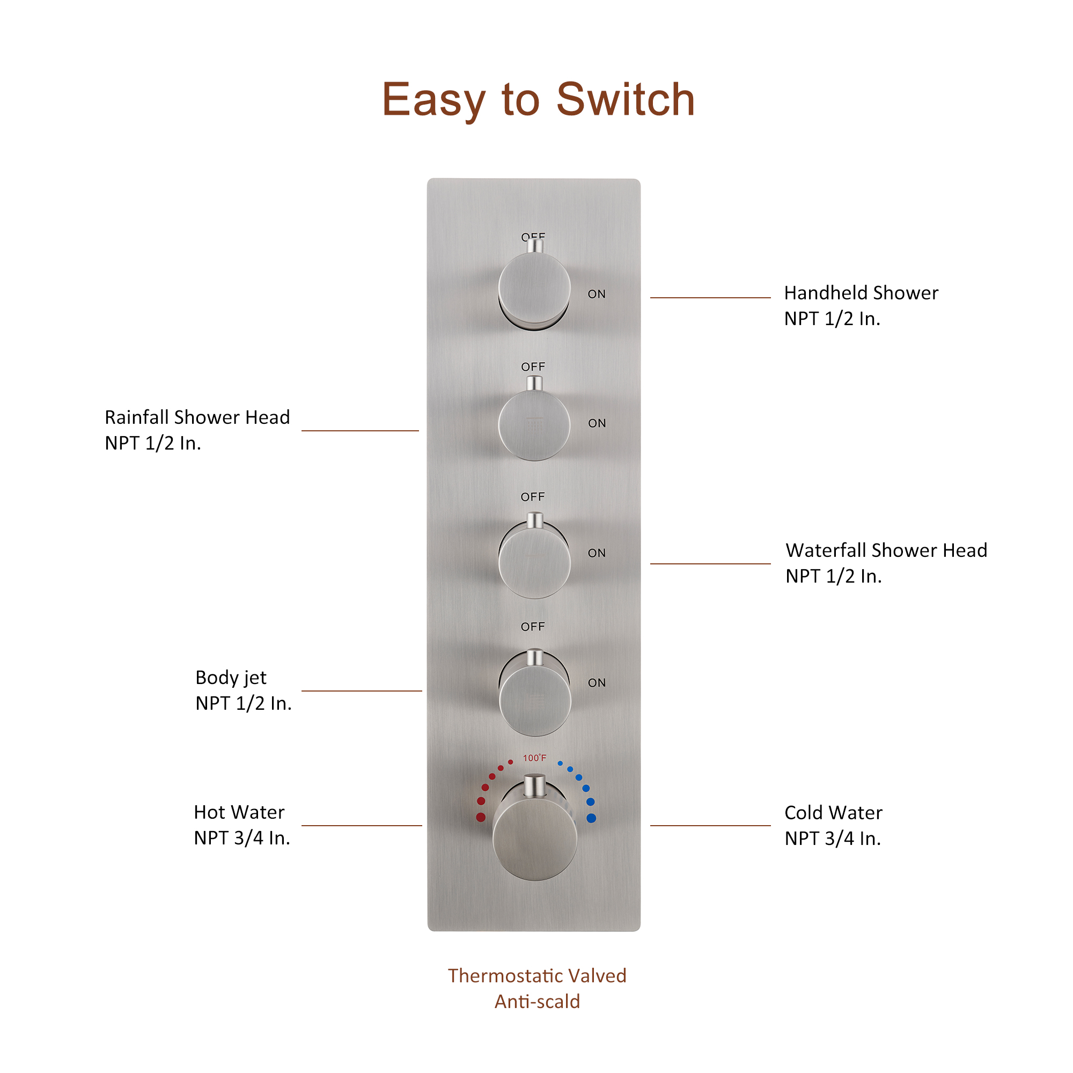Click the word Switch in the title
point(626,100)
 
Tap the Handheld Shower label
point(861,293)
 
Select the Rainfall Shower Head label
point(197,417)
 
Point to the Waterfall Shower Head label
point(886,551)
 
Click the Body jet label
point(231,678)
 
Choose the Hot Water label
point(239,812)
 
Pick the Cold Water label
point(833,813)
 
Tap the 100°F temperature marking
point(534,758)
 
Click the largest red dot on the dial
point(481,818)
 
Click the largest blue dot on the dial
point(591,818)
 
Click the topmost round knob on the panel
point(534,289)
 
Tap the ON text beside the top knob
point(597,295)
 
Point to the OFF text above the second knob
point(533,367)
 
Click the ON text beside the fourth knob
point(597,683)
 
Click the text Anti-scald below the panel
point(537,1001)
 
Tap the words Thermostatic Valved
point(537,976)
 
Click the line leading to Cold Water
point(710,826)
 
